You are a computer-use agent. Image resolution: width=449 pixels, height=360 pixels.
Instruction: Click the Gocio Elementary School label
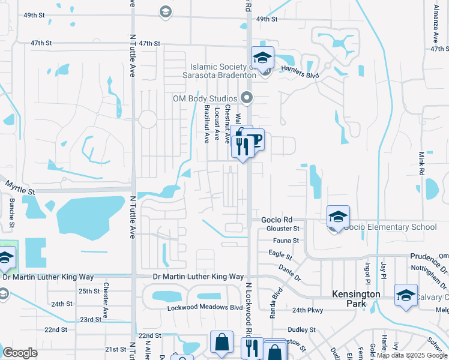point(390,227)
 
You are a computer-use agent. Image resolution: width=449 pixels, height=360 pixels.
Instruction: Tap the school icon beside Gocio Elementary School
point(338,216)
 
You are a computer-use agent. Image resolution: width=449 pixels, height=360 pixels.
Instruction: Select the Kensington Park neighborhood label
point(357,299)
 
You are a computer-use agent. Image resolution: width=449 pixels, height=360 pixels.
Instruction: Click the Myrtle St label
point(20,190)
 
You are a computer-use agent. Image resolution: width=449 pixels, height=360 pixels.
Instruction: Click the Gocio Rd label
point(276,220)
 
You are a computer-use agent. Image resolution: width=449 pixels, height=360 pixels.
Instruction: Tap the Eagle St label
point(280,255)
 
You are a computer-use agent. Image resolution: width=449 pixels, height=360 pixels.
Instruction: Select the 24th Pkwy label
point(308,310)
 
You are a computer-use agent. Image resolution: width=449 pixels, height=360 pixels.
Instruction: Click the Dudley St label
point(303,329)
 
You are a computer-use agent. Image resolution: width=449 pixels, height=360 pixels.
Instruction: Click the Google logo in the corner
point(20,353)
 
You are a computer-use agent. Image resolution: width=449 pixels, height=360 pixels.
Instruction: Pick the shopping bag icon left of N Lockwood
point(221,342)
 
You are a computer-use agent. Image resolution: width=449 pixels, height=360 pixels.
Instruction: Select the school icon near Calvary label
point(406,296)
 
